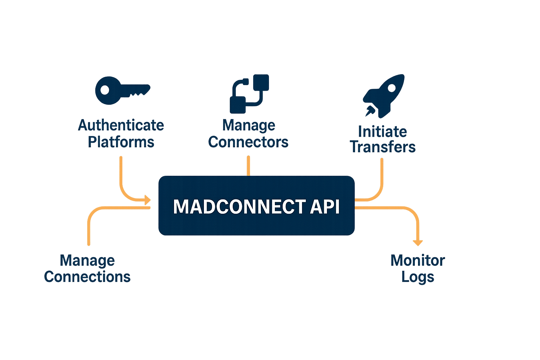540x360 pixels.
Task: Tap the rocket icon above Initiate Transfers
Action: coord(384,95)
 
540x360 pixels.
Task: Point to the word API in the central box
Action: coord(325,207)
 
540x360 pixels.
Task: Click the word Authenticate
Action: coord(121,125)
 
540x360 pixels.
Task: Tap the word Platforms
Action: coord(121,142)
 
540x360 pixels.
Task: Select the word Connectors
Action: coord(248,142)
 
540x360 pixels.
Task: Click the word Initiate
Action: coord(382,131)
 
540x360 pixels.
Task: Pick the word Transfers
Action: coord(383,147)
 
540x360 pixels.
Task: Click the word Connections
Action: coord(87,277)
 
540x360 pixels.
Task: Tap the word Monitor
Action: coord(418,261)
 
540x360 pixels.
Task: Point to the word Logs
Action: coord(418,277)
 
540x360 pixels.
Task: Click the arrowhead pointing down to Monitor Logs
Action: coord(418,243)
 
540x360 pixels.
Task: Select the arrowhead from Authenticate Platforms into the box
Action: coord(147,200)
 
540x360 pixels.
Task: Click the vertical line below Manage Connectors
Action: coord(248,166)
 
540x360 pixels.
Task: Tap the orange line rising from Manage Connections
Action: coord(89,229)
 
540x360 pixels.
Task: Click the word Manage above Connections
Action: coord(87,261)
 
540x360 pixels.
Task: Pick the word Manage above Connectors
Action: coord(249,125)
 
